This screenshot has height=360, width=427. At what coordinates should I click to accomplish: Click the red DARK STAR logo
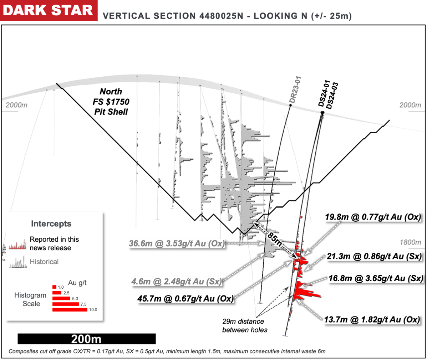pyautogui.click(x=48, y=10)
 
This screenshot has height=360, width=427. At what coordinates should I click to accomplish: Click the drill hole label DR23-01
pyautogui.click(x=295, y=90)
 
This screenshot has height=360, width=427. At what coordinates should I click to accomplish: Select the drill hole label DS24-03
pyautogui.click(x=332, y=96)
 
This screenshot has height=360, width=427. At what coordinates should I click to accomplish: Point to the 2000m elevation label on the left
pyautogui.click(x=16, y=105)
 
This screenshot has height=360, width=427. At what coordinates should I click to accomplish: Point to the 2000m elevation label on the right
pyautogui.click(x=410, y=105)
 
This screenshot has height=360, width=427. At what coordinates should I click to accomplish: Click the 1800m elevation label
pyautogui.click(x=410, y=242)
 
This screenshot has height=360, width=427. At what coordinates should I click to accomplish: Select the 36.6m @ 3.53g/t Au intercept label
pyautogui.click(x=177, y=243)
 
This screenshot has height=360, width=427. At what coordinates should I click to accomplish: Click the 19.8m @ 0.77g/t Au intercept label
pyautogui.click(x=373, y=217)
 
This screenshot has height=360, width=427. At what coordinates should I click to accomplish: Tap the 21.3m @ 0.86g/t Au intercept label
pyautogui.click(x=374, y=256)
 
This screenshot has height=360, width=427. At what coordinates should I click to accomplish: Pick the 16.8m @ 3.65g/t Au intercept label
pyautogui.click(x=376, y=278)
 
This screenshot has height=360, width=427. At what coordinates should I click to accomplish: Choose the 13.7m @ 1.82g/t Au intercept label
pyautogui.click(x=372, y=319)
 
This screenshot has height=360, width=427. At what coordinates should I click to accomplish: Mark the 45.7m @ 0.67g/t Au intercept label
pyautogui.click(x=185, y=299)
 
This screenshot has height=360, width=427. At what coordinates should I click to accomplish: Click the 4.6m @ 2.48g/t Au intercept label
pyautogui.click(x=177, y=282)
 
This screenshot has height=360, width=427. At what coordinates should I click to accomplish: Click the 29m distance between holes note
pyautogui.click(x=244, y=326)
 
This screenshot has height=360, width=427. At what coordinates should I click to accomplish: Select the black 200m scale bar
pyautogui.click(x=86, y=339)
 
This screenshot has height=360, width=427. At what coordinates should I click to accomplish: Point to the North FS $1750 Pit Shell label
pyautogui.click(x=111, y=102)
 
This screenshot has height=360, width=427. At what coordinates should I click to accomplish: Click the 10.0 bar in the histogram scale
pyautogui.click(x=70, y=310)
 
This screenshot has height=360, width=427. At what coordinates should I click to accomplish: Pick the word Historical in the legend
pyautogui.click(x=44, y=262)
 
